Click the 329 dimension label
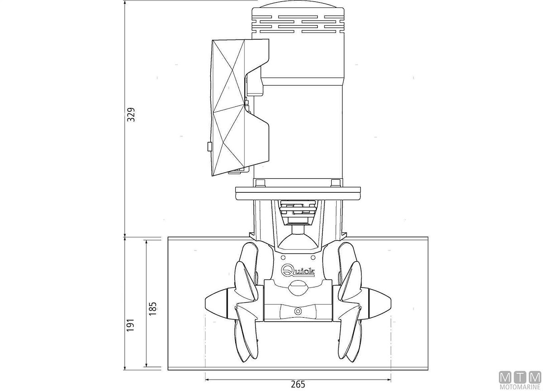click(131, 114)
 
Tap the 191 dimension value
click(131, 325)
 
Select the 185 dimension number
click(153, 309)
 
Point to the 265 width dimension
click(298, 384)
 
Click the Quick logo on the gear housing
click(298, 270)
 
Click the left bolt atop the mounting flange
click(260, 183)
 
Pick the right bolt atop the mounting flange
click(336, 183)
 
